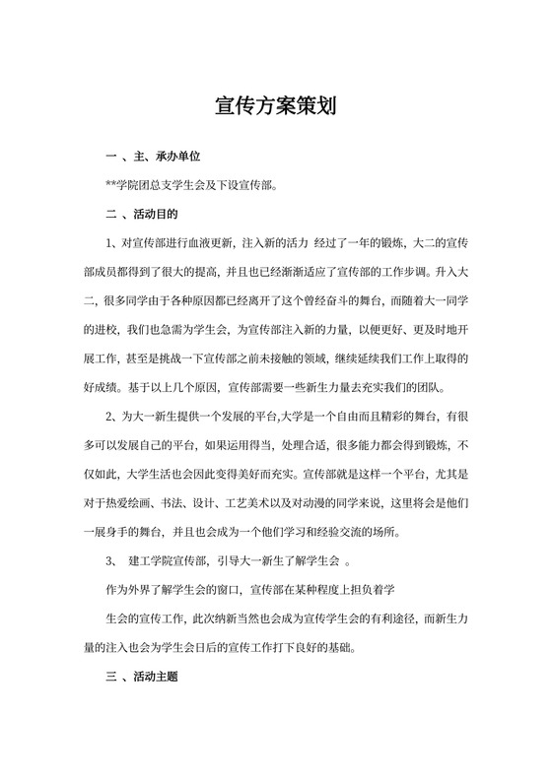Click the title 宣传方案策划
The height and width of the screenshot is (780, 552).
276,106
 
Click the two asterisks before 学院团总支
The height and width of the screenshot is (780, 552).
109,184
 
